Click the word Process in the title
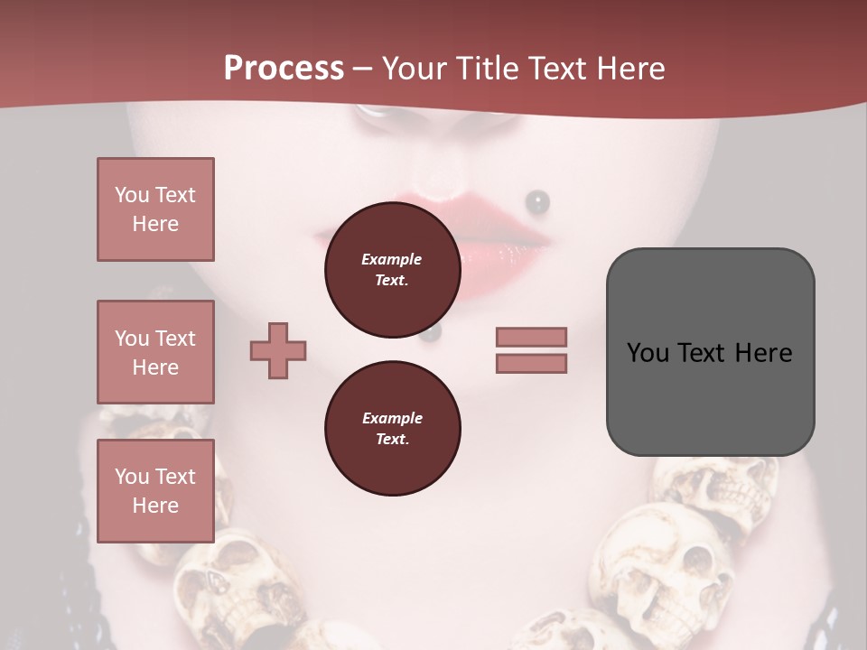(x=284, y=69)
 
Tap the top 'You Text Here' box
(x=155, y=209)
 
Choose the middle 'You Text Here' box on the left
(x=155, y=352)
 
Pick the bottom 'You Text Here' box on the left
(x=155, y=490)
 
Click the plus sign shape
(x=278, y=349)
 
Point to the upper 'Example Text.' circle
(x=392, y=270)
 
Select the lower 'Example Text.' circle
(x=392, y=429)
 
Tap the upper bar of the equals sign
(x=531, y=337)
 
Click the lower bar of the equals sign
(x=531, y=363)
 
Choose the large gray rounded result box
(x=710, y=352)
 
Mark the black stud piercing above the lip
(x=537, y=201)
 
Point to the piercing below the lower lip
(x=431, y=334)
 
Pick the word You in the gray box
(x=648, y=352)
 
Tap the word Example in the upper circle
(x=392, y=259)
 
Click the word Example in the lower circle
(x=392, y=418)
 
